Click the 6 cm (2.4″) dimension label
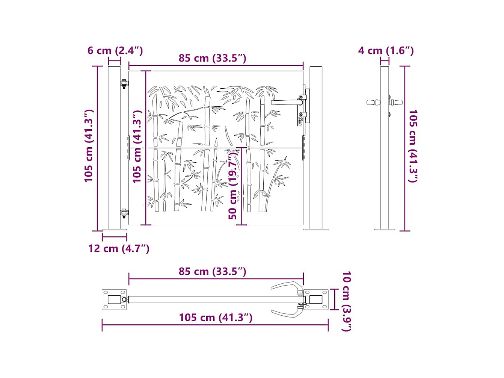pyautogui.click(x=115, y=50)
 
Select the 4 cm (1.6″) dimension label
pyautogui.click(x=386, y=50)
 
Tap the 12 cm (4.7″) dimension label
pyautogui.click(x=119, y=248)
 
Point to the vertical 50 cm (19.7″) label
pyautogui.click(x=233, y=184)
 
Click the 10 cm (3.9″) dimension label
pyautogui.click(x=346, y=301)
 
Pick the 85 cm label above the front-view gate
pyautogui.click(x=212, y=58)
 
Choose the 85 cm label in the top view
pyautogui.click(x=212, y=271)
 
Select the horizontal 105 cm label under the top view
pyautogui.click(x=215, y=318)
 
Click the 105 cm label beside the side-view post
pyautogui.click(x=413, y=146)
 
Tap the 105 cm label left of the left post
pyautogui.click(x=89, y=146)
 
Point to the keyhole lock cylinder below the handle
pyautogui.click(x=300, y=120)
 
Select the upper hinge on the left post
pyautogui.click(x=124, y=84)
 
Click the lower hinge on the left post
pyautogui.click(x=124, y=213)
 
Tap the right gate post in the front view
pyautogui.click(x=316, y=147)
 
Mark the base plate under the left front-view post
pyautogui.click(x=114, y=230)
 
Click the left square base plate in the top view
pyautogui.click(x=114, y=299)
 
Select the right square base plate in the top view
pyautogui.click(x=316, y=299)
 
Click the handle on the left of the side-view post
pyautogui.click(x=373, y=102)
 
